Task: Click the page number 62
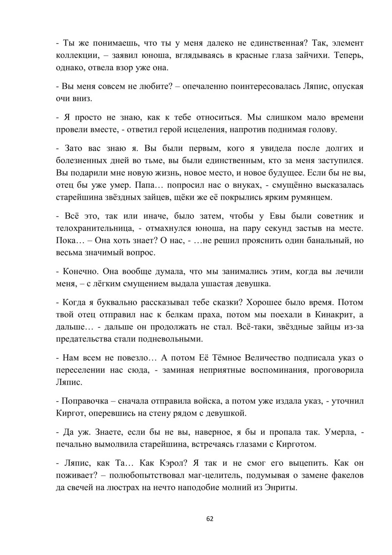coord(210,519)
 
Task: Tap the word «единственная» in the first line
coord(274,43)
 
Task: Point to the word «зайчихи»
coord(312,55)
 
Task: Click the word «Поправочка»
coord(83,401)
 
